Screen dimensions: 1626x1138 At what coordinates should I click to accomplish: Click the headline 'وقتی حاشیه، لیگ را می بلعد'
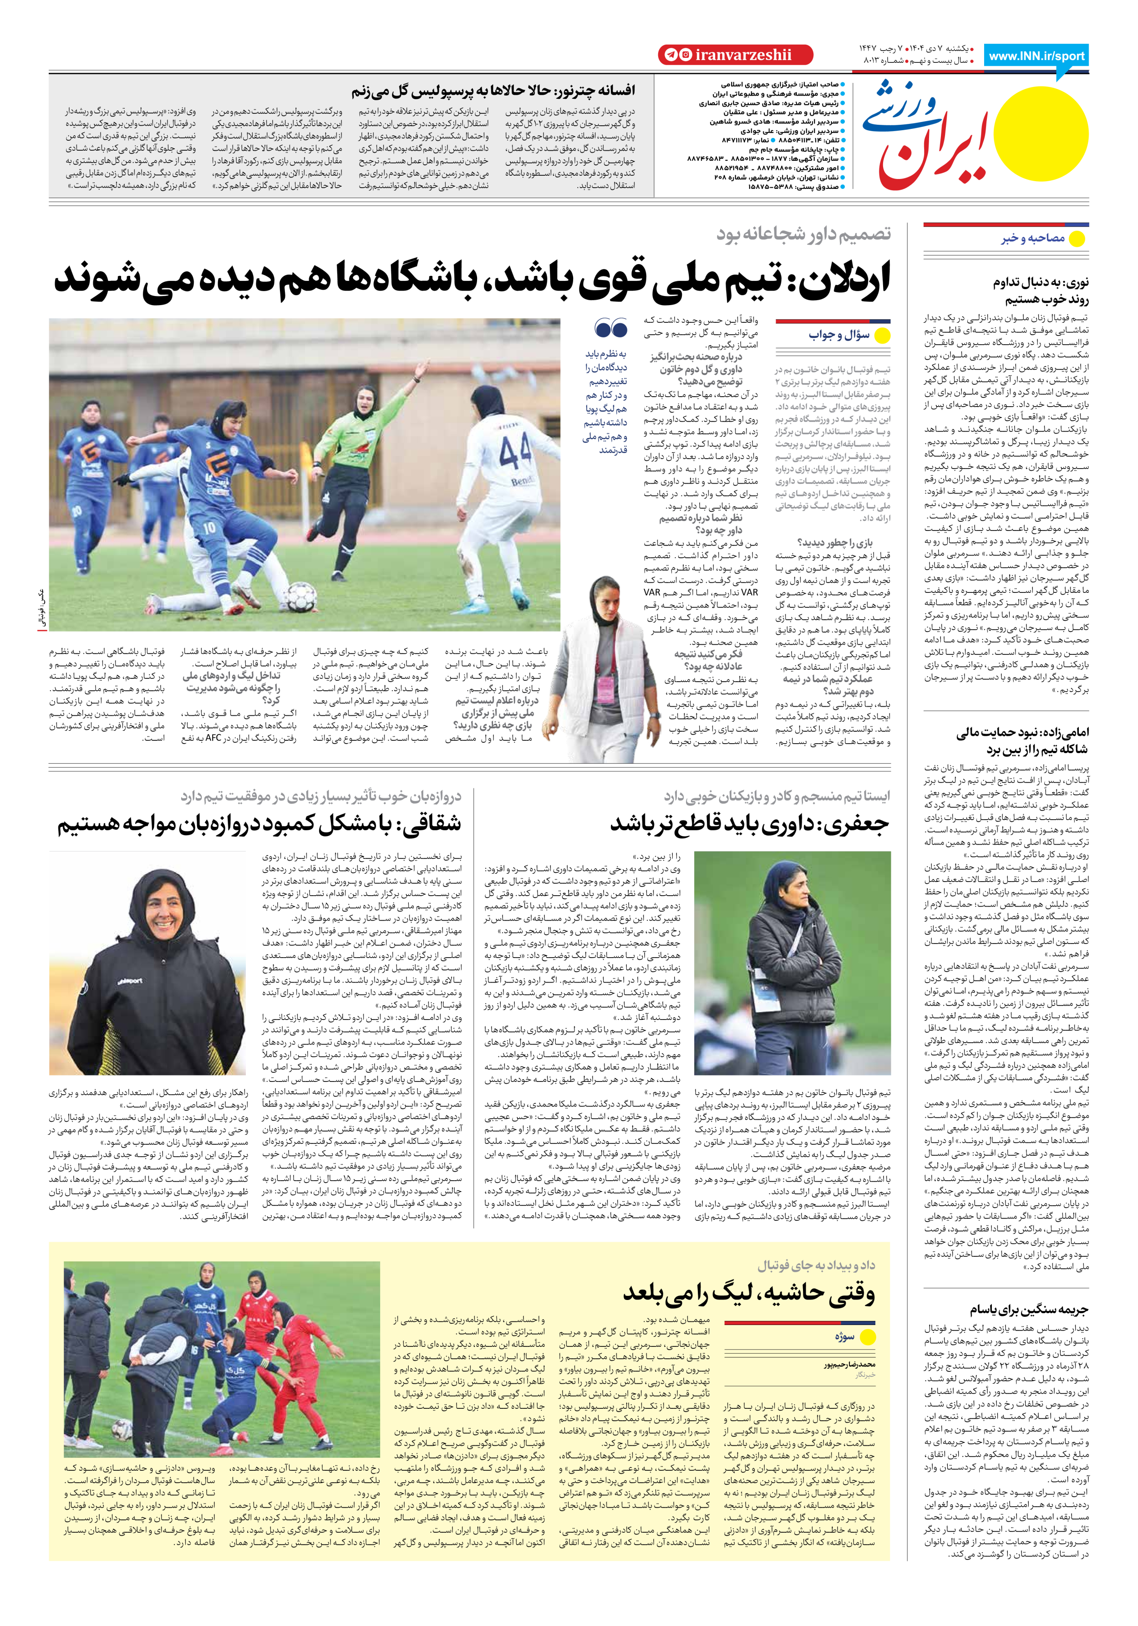pos(748,1292)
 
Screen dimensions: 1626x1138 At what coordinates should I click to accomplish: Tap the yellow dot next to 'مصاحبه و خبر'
pos(1077,239)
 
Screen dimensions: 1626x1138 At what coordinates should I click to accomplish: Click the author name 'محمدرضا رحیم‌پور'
pos(849,1364)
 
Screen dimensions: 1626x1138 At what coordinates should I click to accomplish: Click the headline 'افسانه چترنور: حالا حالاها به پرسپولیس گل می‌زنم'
pos(493,91)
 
